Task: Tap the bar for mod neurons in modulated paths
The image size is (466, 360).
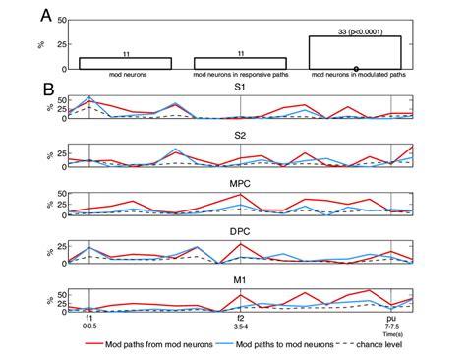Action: [355, 52]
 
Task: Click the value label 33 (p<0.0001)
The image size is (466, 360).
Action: [355, 30]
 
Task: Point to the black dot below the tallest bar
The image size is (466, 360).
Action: [355, 68]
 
